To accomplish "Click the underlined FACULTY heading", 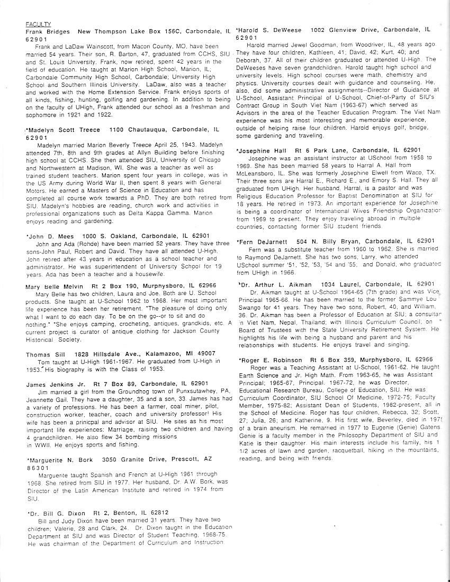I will tap(39, 24).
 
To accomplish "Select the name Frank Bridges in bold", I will tap(48, 32).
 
